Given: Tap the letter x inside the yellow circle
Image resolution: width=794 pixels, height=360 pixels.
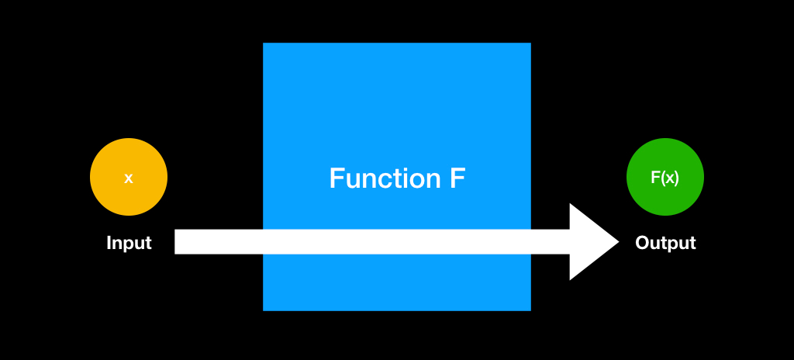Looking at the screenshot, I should pyautogui.click(x=129, y=178).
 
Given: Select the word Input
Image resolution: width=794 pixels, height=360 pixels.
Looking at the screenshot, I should pyautogui.click(x=129, y=243).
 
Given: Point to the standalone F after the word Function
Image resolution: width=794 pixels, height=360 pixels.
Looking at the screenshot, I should pyautogui.click(x=457, y=178).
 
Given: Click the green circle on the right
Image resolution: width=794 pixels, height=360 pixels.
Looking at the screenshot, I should pyautogui.click(x=665, y=178).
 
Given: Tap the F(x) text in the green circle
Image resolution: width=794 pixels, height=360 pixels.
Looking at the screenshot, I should pyautogui.click(x=665, y=178).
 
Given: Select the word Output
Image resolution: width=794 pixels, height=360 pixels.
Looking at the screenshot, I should pyautogui.click(x=665, y=243).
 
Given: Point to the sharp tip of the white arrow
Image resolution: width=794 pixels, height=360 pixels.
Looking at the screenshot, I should pyautogui.click(x=619, y=242).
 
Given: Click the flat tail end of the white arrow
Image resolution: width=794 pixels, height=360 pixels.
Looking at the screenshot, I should pyautogui.click(x=176, y=242).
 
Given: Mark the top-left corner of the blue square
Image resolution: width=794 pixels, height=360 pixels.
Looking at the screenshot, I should pyautogui.click(x=264, y=43).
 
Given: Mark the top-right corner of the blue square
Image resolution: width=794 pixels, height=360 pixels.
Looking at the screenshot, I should pyautogui.click(x=530, y=43).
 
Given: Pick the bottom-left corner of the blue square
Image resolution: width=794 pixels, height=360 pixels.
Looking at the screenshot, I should pyautogui.click(x=264, y=310).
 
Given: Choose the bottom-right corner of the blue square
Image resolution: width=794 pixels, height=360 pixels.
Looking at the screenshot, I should pyautogui.click(x=530, y=310).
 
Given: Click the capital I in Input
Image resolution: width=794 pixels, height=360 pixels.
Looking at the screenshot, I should pyautogui.click(x=109, y=243).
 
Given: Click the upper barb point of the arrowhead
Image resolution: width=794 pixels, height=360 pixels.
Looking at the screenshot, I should pyautogui.click(x=571, y=204).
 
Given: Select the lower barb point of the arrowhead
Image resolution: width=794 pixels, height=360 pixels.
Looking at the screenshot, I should pyautogui.click(x=571, y=279).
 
